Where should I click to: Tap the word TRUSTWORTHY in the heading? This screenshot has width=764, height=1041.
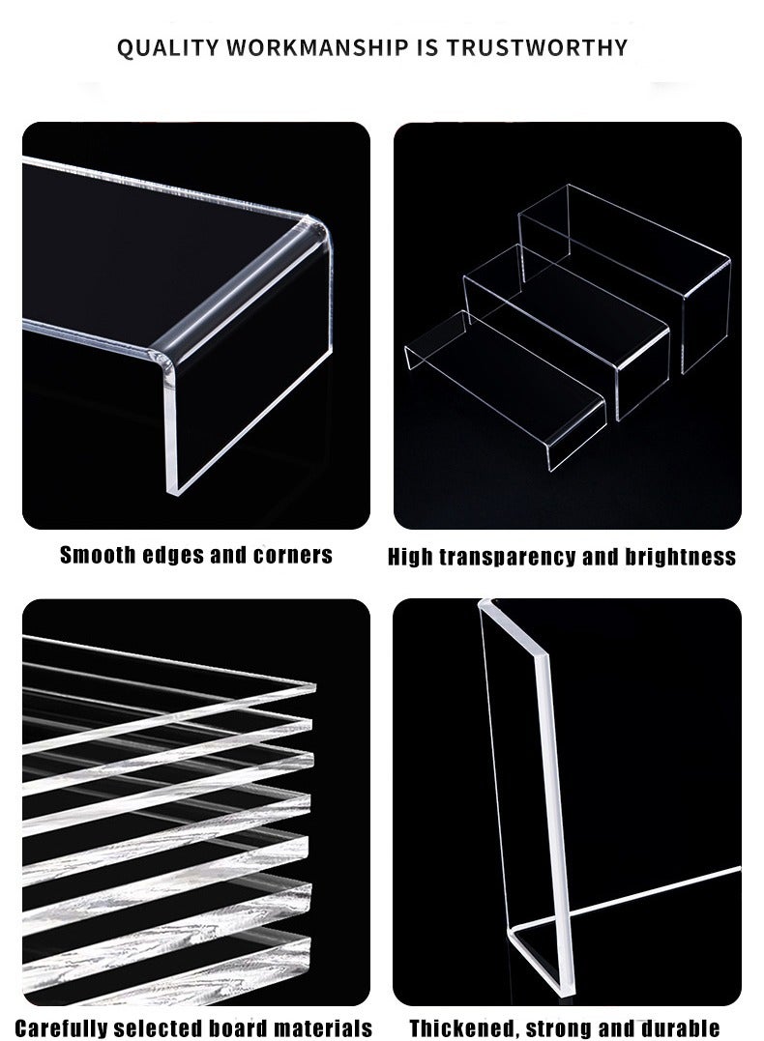pos(546,46)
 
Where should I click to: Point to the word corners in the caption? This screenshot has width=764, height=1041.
pos(292,555)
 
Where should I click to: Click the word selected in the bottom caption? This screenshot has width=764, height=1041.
pos(179,1027)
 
